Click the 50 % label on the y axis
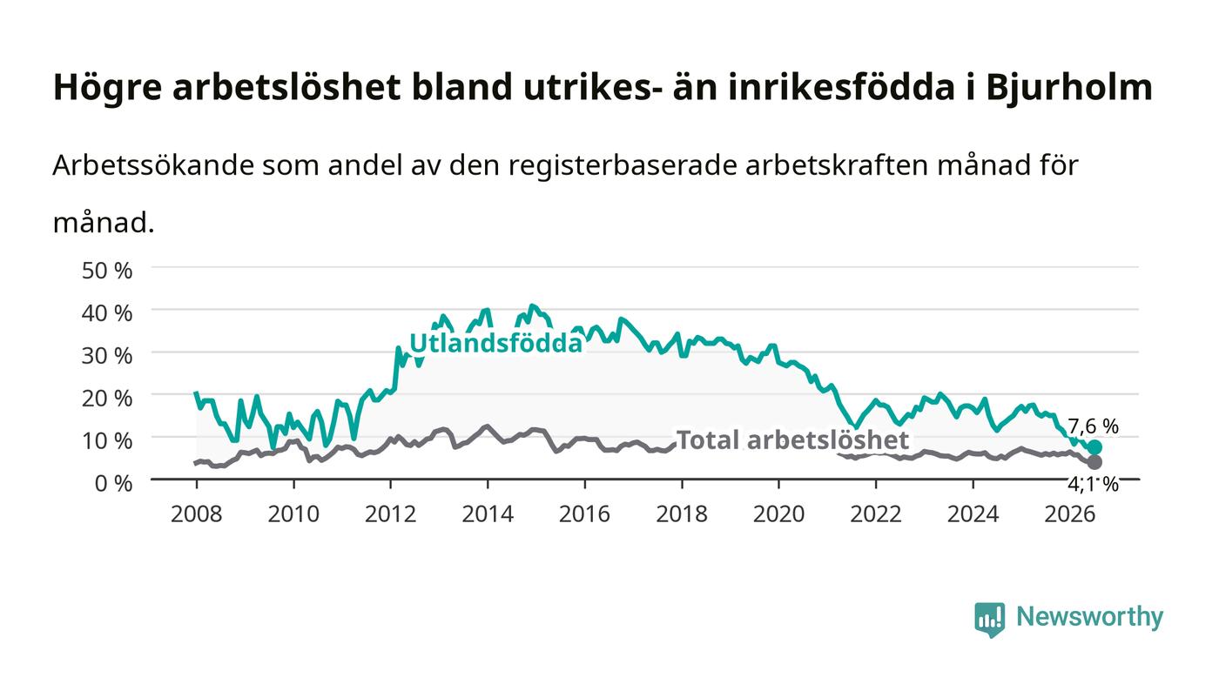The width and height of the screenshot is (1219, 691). (x=106, y=271)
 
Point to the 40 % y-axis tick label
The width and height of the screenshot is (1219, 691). (x=106, y=312)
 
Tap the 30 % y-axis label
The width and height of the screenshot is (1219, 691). (x=106, y=355)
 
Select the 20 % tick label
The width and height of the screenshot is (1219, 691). (x=106, y=398)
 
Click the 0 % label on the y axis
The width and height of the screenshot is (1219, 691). (x=113, y=483)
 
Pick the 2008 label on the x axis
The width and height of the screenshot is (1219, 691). (x=197, y=513)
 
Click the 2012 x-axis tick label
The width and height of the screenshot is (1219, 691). (x=390, y=513)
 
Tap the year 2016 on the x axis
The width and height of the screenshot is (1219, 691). (x=584, y=513)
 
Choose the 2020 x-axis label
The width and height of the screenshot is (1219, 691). (x=778, y=513)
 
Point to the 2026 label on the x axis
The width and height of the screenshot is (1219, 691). (x=1070, y=513)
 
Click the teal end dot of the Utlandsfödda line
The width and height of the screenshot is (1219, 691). (x=1095, y=447)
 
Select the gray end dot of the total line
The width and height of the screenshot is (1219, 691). (x=1095, y=462)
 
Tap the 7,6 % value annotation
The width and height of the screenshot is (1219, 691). (x=1094, y=426)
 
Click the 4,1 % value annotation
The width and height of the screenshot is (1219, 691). (x=1094, y=484)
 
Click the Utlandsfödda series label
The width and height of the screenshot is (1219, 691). (x=495, y=343)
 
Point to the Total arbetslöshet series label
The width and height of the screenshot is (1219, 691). (x=792, y=439)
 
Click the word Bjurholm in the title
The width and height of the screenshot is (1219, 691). (x=1069, y=87)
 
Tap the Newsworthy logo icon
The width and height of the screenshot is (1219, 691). (x=990, y=620)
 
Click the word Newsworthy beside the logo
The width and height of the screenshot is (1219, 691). (x=1090, y=617)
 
